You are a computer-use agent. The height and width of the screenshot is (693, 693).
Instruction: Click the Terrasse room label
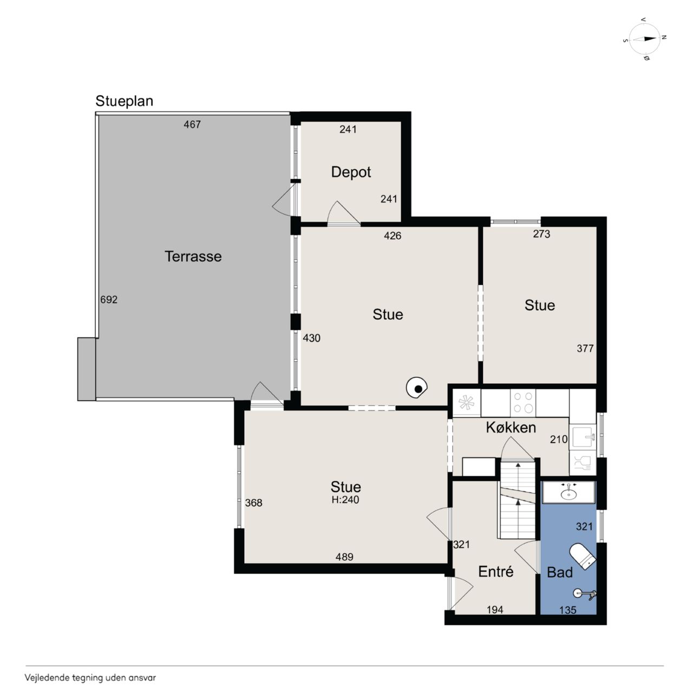[193, 257]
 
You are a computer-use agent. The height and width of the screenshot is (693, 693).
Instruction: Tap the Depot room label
[351, 172]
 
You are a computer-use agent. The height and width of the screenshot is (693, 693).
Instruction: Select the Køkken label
[511, 427]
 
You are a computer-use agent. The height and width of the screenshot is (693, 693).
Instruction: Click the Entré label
[495, 571]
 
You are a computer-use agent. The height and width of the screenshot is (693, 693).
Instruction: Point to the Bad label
[560, 572]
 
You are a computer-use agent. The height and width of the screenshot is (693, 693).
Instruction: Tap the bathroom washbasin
[568, 492]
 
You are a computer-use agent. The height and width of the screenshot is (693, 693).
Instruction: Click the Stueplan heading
[124, 101]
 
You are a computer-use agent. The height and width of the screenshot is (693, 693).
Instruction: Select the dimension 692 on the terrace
[109, 299]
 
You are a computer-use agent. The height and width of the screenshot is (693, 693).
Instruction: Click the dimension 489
[344, 557]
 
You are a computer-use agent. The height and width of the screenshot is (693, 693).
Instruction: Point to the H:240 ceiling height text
[345, 500]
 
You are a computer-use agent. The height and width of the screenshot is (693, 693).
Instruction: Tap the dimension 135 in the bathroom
[567, 610]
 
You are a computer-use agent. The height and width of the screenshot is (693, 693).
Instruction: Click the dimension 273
[541, 234]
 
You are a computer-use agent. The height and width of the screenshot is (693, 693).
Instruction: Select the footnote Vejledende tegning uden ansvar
[90, 678]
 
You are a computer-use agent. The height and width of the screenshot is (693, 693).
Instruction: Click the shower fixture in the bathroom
[584, 594]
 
